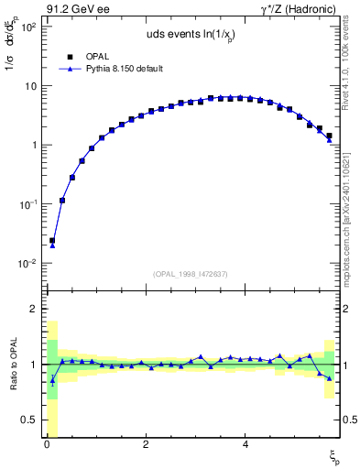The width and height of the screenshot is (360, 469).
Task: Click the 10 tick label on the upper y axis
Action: tap(31, 86)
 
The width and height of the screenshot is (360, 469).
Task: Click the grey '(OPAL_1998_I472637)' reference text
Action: tap(191, 274)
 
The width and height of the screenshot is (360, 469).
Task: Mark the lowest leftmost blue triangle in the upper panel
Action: tap(52, 245)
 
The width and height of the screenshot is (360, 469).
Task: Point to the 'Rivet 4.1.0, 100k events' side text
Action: tap(351, 73)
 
